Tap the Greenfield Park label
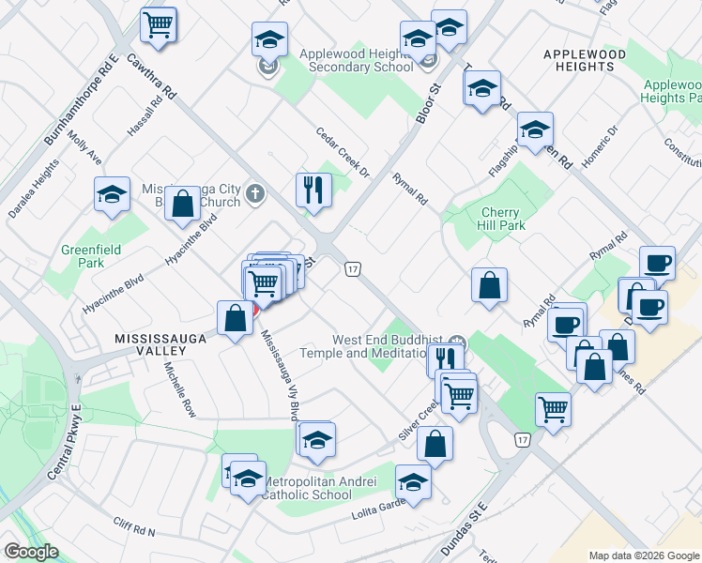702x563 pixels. (x=84, y=257)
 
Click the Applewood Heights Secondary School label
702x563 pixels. (x=356, y=60)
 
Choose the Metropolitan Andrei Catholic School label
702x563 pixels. (x=319, y=488)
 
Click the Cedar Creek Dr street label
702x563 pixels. (x=343, y=153)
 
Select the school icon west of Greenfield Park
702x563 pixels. (x=112, y=195)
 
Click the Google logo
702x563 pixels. (x=31, y=552)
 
